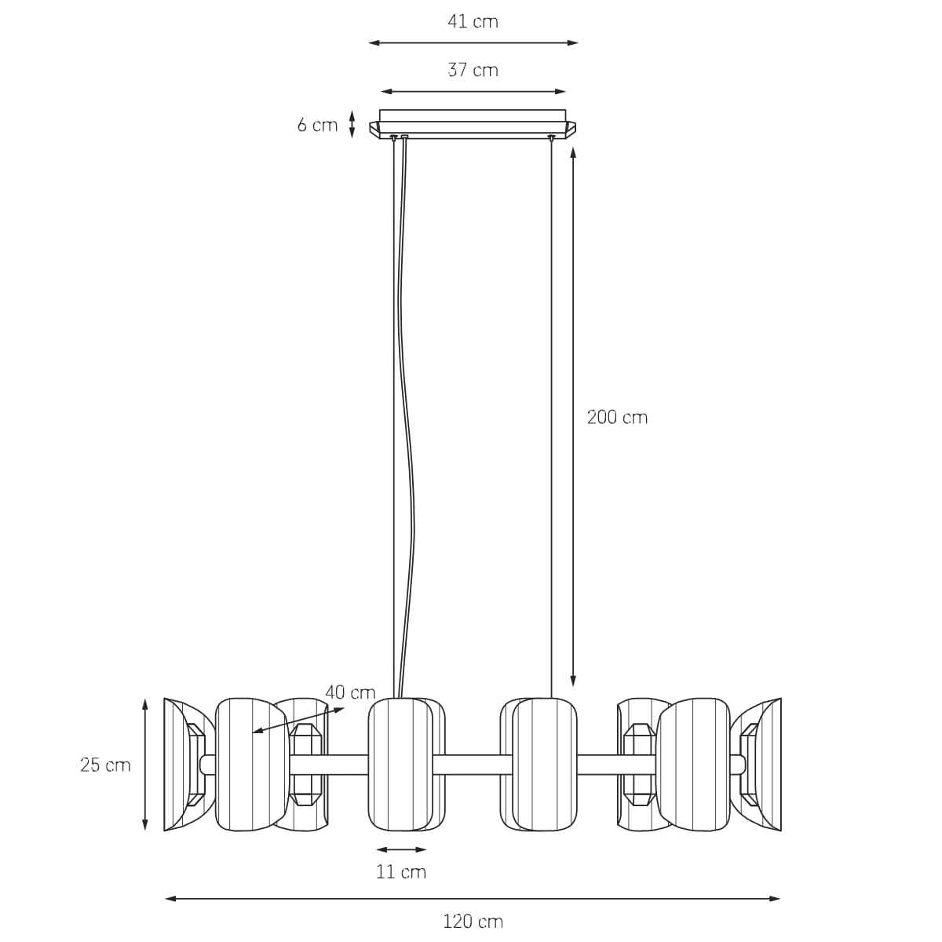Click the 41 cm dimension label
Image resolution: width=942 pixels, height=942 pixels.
tap(473, 21)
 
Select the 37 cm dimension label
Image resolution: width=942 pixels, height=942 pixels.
tap(473, 70)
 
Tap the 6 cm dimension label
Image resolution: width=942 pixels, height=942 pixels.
tap(317, 125)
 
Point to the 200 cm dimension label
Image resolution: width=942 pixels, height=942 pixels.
tap(617, 418)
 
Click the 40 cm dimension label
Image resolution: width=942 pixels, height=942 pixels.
tap(350, 692)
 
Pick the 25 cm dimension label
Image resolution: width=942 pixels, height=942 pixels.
tap(105, 765)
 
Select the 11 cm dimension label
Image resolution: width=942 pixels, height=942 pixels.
tap(401, 871)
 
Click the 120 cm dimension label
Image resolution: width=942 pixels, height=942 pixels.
tap(473, 922)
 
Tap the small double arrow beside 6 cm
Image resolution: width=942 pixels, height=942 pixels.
tap(352, 124)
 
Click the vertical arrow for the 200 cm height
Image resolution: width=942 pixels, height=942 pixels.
tap(573, 416)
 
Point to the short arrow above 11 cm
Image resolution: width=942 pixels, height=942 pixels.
tap(401, 849)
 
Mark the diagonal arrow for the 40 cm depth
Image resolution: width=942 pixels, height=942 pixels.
tap(298, 720)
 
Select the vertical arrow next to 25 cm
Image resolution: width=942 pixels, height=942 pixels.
tap(145, 765)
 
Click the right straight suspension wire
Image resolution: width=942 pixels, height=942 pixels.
tap(551, 416)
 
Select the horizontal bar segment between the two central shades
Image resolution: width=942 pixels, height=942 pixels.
tap(473, 764)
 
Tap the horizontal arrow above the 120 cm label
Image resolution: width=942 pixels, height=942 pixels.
tap(473, 898)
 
